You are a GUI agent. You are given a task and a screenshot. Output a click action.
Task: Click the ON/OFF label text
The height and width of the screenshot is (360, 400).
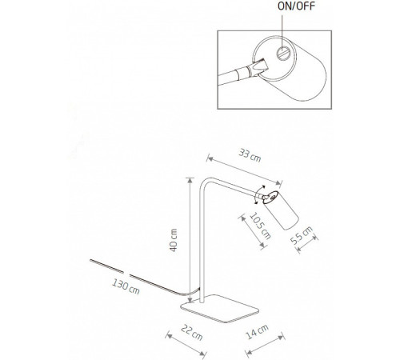pos(296,6)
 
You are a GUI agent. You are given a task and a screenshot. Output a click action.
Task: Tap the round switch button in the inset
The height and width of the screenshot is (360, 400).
pos(282,53)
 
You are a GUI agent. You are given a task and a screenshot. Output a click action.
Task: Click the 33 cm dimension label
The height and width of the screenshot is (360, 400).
pos(250,156)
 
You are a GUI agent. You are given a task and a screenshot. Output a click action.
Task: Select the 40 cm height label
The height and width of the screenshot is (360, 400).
pos(174,240)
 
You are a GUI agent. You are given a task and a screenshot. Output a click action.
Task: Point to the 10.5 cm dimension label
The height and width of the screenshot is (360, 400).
pos(260,226)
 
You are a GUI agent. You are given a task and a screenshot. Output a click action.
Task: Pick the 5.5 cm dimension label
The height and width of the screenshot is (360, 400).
pos(302,235)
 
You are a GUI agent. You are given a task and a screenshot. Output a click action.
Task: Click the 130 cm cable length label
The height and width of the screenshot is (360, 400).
pos(126,286)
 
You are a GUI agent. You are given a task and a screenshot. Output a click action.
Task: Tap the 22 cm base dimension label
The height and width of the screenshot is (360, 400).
pos(192,332)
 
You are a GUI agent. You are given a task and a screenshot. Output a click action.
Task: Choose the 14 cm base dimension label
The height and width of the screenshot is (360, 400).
pos(257,331)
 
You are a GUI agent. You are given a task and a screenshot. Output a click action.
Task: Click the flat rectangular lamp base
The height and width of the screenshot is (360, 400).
pos(219,309)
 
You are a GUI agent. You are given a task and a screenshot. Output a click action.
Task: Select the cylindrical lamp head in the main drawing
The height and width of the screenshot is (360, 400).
pos(281,210)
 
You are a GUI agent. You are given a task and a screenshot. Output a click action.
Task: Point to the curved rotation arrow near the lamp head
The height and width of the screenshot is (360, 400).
pos(256,194)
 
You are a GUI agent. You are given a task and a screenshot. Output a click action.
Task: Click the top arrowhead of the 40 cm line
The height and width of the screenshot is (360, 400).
pos(190,180)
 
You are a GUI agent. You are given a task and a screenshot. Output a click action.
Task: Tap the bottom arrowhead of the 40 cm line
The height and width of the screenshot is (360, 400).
pos(190,300)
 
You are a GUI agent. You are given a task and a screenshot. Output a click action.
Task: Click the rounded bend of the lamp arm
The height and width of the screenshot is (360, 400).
pos(204,182)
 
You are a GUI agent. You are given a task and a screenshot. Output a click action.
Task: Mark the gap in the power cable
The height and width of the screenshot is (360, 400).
pos(126,274)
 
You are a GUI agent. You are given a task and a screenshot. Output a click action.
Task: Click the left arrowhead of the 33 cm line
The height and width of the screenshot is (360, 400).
pos(210,159)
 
